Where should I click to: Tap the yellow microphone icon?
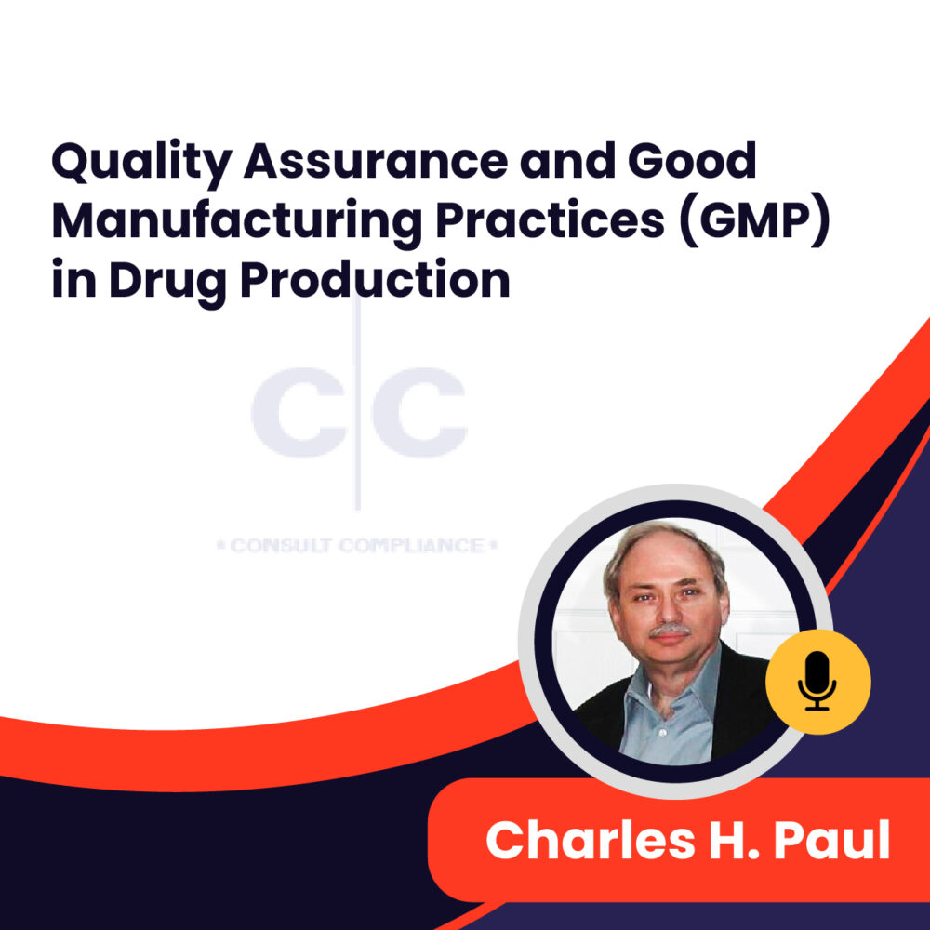pyautogui.click(x=817, y=682)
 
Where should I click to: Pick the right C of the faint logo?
pyautogui.click(x=418, y=410)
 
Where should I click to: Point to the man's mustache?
pyautogui.click(x=668, y=631)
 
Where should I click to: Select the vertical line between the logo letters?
pyautogui.click(x=358, y=409)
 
